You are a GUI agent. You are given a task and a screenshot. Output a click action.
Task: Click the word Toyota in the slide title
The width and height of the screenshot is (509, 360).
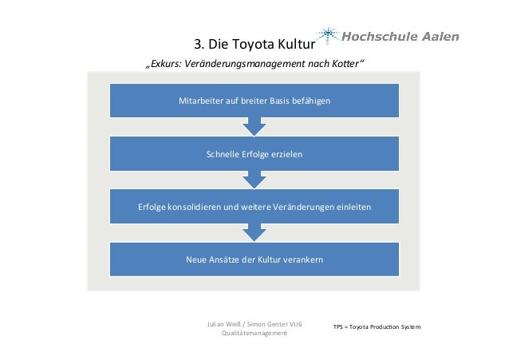(x=251, y=43)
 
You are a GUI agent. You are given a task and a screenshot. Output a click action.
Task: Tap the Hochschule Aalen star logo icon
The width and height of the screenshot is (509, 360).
(x=328, y=34)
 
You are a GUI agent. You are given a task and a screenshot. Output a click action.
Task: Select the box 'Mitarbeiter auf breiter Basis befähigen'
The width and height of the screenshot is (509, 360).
(x=254, y=101)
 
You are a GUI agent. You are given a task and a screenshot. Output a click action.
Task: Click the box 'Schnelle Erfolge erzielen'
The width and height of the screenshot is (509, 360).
(x=254, y=153)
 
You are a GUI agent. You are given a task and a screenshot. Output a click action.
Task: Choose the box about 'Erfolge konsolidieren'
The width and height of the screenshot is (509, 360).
(x=254, y=207)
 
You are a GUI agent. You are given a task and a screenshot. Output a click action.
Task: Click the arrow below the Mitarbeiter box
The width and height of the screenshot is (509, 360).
(x=254, y=126)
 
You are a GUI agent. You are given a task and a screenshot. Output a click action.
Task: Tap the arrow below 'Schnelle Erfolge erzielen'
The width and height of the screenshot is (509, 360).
(x=254, y=179)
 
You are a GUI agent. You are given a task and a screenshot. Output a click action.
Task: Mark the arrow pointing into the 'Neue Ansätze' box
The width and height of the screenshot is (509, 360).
(x=254, y=232)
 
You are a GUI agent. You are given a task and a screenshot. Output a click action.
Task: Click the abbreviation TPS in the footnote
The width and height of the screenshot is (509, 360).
(x=340, y=328)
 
